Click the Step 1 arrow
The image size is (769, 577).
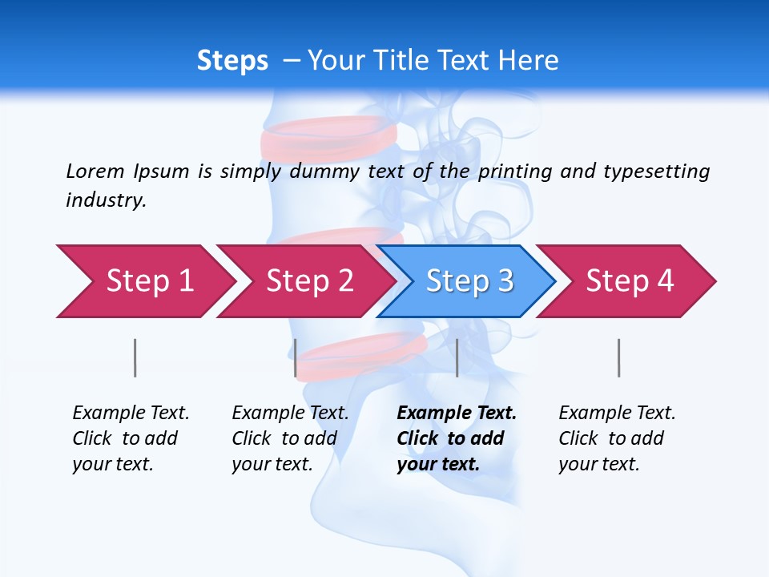[x=144, y=281]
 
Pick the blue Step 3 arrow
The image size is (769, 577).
[x=469, y=281]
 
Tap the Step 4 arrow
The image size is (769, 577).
[x=629, y=281]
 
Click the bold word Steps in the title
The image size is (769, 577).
[x=232, y=61]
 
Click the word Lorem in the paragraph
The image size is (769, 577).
[x=95, y=171]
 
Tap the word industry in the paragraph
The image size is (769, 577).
[x=106, y=200]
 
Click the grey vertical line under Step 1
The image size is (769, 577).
[x=135, y=357]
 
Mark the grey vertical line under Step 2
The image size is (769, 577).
[x=296, y=357]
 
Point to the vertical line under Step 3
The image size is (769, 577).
[x=457, y=357]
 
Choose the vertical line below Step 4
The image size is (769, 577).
[x=618, y=357]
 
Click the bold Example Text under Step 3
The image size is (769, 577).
[x=457, y=413]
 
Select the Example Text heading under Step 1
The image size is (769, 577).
[x=131, y=413]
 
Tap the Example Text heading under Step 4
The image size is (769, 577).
[x=617, y=413]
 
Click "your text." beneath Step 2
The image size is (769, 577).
[x=272, y=464]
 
